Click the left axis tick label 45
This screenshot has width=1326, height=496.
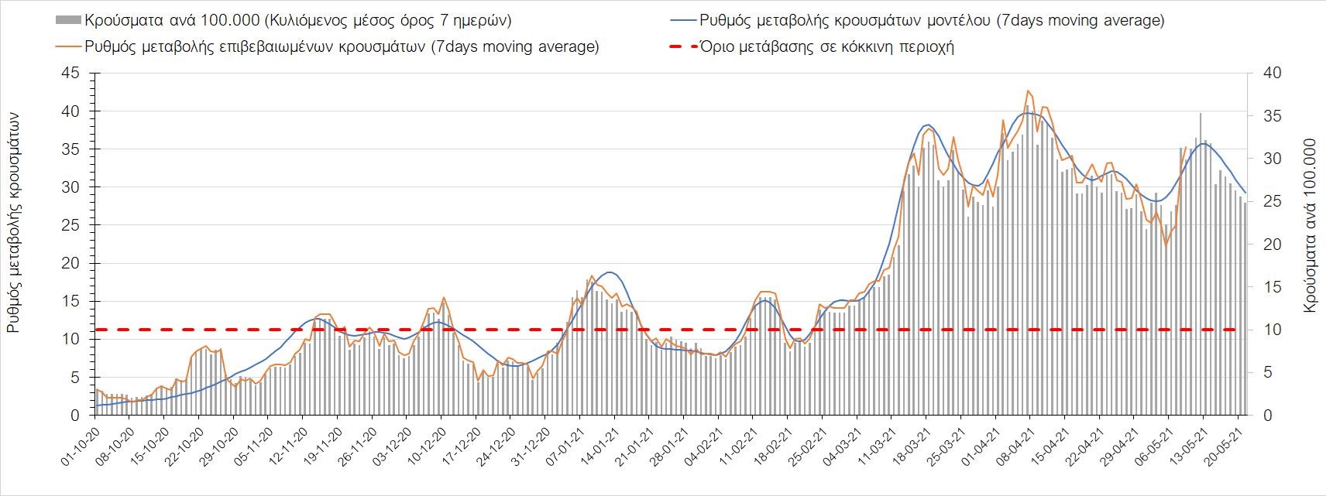pyautogui.click(x=70, y=74)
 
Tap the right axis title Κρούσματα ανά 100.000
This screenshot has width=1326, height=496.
pyautogui.click(x=1310, y=225)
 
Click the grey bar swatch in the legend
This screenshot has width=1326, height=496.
pyautogui.click(x=67, y=20)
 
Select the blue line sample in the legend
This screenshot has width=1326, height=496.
pyautogui.click(x=680, y=20)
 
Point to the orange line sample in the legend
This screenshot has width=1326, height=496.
pyautogui.click(x=67, y=46)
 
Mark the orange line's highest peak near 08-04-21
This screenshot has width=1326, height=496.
pyautogui.click(x=1028, y=91)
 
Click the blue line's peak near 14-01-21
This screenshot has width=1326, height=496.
pyautogui.click(x=610, y=272)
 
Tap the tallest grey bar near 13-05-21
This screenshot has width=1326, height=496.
pyautogui.click(x=1201, y=114)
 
